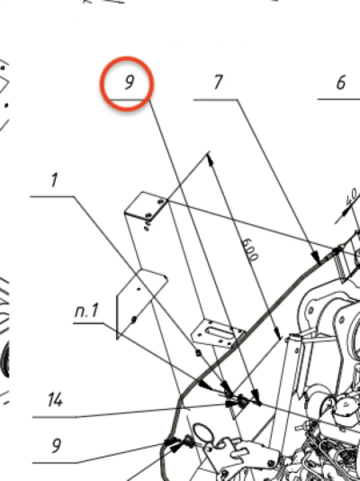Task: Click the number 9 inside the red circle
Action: tap(130, 83)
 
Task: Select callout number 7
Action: tap(218, 82)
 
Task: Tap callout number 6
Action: tap(341, 82)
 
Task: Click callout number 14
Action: tap(55, 399)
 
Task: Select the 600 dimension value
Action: tap(250, 250)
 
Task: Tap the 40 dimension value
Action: tap(352, 198)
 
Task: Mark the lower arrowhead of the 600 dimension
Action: tap(277, 331)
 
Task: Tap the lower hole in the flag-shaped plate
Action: tap(134, 320)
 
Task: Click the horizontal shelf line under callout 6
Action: tap(339, 100)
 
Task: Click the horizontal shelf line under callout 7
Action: tap(215, 100)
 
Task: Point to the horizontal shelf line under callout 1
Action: tap(52, 197)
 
